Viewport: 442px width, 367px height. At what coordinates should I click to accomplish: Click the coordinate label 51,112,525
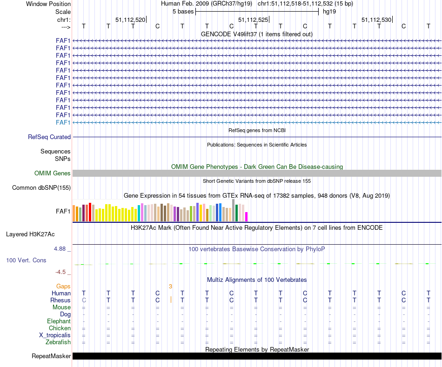(253, 20)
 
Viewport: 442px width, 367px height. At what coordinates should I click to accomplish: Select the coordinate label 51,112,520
(130, 20)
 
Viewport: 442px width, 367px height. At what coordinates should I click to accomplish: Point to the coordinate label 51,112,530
(376, 20)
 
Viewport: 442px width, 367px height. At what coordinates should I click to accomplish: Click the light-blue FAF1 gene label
(63, 122)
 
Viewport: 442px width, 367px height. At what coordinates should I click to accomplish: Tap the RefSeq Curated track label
(49, 137)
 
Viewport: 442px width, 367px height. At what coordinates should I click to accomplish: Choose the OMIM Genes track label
(53, 173)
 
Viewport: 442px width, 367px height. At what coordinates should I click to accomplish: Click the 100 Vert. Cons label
(26, 260)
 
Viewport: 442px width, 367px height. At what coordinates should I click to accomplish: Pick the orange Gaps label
(63, 287)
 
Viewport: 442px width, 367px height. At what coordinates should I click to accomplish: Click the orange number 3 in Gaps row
(171, 287)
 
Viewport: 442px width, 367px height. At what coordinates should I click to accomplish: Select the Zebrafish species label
(58, 342)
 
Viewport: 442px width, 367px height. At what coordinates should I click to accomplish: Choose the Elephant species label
(59, 321)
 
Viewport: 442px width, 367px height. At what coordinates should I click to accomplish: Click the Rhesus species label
(60, 300)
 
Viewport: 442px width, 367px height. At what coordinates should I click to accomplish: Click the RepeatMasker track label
(51, 356)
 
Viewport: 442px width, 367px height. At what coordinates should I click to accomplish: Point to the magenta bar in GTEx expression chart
(247, 217)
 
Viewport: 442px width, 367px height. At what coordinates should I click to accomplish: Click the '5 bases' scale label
(182, 11)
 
